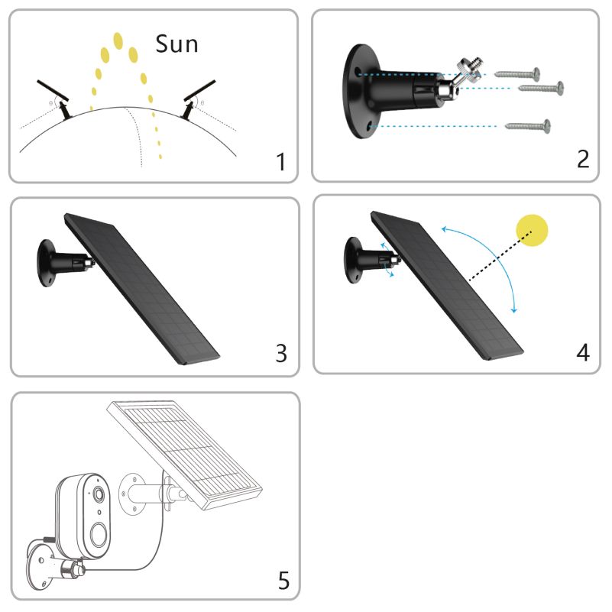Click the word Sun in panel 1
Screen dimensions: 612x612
point(176,43)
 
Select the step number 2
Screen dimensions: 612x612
point(582,160)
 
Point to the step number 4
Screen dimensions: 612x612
point(582,353)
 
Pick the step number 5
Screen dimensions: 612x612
point(283,581)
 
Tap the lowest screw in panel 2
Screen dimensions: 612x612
point(528,123)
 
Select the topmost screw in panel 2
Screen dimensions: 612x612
point(518,73)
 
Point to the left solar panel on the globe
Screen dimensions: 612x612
point(53,91)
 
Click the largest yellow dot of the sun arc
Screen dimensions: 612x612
point(118,39)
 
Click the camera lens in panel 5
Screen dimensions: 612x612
point(99,496)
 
